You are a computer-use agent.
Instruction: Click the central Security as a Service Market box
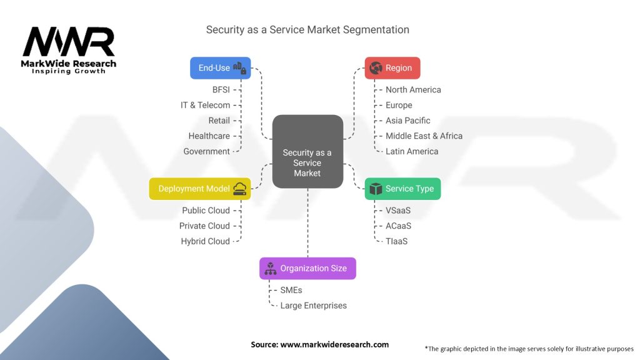point(307,152)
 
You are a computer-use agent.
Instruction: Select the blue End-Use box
point(220,67)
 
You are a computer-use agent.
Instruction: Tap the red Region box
point(392,67)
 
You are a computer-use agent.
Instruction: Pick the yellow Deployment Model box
point(200,189)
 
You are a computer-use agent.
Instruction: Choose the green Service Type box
point(402,189)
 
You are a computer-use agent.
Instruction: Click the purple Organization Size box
point(307,268)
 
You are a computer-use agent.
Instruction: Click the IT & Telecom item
point(205,105)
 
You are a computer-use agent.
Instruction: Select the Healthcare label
point(209,136)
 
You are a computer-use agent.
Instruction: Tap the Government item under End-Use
point(206,151)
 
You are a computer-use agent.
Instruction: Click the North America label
point(413,90)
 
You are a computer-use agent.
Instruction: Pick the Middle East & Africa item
point(424,136)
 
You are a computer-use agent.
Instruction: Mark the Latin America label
point(412,151)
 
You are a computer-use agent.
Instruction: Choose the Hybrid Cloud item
point(205,241)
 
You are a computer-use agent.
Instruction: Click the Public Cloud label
point(206,211)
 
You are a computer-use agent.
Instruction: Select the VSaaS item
point(398,211)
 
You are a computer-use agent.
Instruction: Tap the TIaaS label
point(396,241)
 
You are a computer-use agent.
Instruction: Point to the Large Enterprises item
point(313,306)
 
